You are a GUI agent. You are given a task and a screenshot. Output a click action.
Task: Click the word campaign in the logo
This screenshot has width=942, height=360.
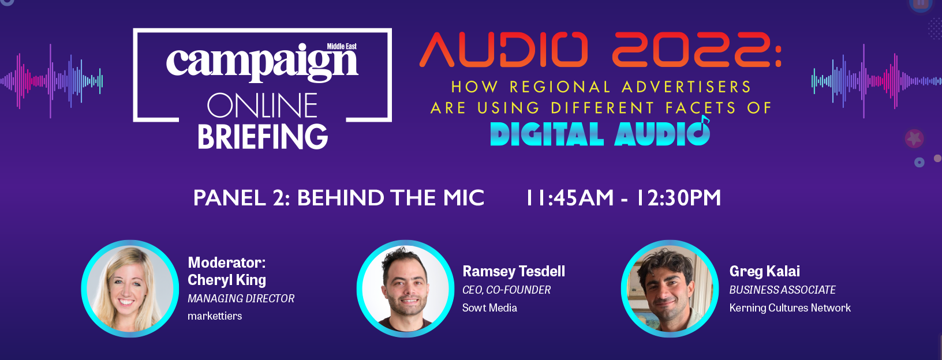point(262,63)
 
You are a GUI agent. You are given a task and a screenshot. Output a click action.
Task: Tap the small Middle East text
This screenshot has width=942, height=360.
point(342,46)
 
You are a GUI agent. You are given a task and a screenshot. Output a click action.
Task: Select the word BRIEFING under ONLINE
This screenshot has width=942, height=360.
point(263,136)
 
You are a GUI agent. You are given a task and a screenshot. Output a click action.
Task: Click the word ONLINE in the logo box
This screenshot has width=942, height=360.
point(262,106)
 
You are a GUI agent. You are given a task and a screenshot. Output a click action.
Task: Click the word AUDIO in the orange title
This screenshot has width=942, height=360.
point(503,50)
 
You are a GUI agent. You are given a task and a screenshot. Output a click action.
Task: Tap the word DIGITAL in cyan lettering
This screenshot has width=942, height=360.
point(547,134)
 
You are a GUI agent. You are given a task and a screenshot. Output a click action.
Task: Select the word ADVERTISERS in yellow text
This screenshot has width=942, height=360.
point(686,87)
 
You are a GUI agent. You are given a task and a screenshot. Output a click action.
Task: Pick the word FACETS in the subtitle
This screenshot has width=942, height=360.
point(701,108)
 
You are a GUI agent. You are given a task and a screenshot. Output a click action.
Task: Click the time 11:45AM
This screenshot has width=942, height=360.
point(570,198)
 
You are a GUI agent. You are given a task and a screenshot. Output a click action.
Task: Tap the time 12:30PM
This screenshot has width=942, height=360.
point(678,198)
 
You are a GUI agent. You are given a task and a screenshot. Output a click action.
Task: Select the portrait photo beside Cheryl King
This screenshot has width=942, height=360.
point(130,288)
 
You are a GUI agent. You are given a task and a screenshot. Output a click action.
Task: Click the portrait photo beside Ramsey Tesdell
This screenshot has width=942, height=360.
point(405,288)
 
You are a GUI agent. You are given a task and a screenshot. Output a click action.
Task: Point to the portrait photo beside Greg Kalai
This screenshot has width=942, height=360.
point(670,288)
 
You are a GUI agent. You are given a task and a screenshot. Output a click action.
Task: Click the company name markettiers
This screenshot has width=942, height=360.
point(215,316)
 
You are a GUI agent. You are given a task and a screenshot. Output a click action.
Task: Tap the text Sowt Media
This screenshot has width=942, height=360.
point(489,308)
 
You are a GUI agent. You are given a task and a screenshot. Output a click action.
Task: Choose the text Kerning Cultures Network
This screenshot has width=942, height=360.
point(790,308)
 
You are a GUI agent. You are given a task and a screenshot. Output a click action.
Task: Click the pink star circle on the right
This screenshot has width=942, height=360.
point(914,138)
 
